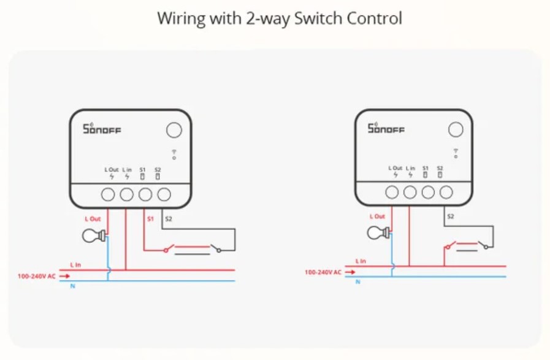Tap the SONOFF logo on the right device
[386, 128]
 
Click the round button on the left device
[174, 130]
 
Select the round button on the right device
[455, 129]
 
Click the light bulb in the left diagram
[93, 235]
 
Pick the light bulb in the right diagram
[378, 232]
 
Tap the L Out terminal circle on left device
[108, 195]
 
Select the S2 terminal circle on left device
[164, 195]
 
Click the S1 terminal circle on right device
[428, 193]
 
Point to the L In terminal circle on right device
[410, 193]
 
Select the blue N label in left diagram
[73, 286]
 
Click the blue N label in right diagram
[358, 281]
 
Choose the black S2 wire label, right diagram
[451, 216]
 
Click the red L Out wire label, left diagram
[93, 218]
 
